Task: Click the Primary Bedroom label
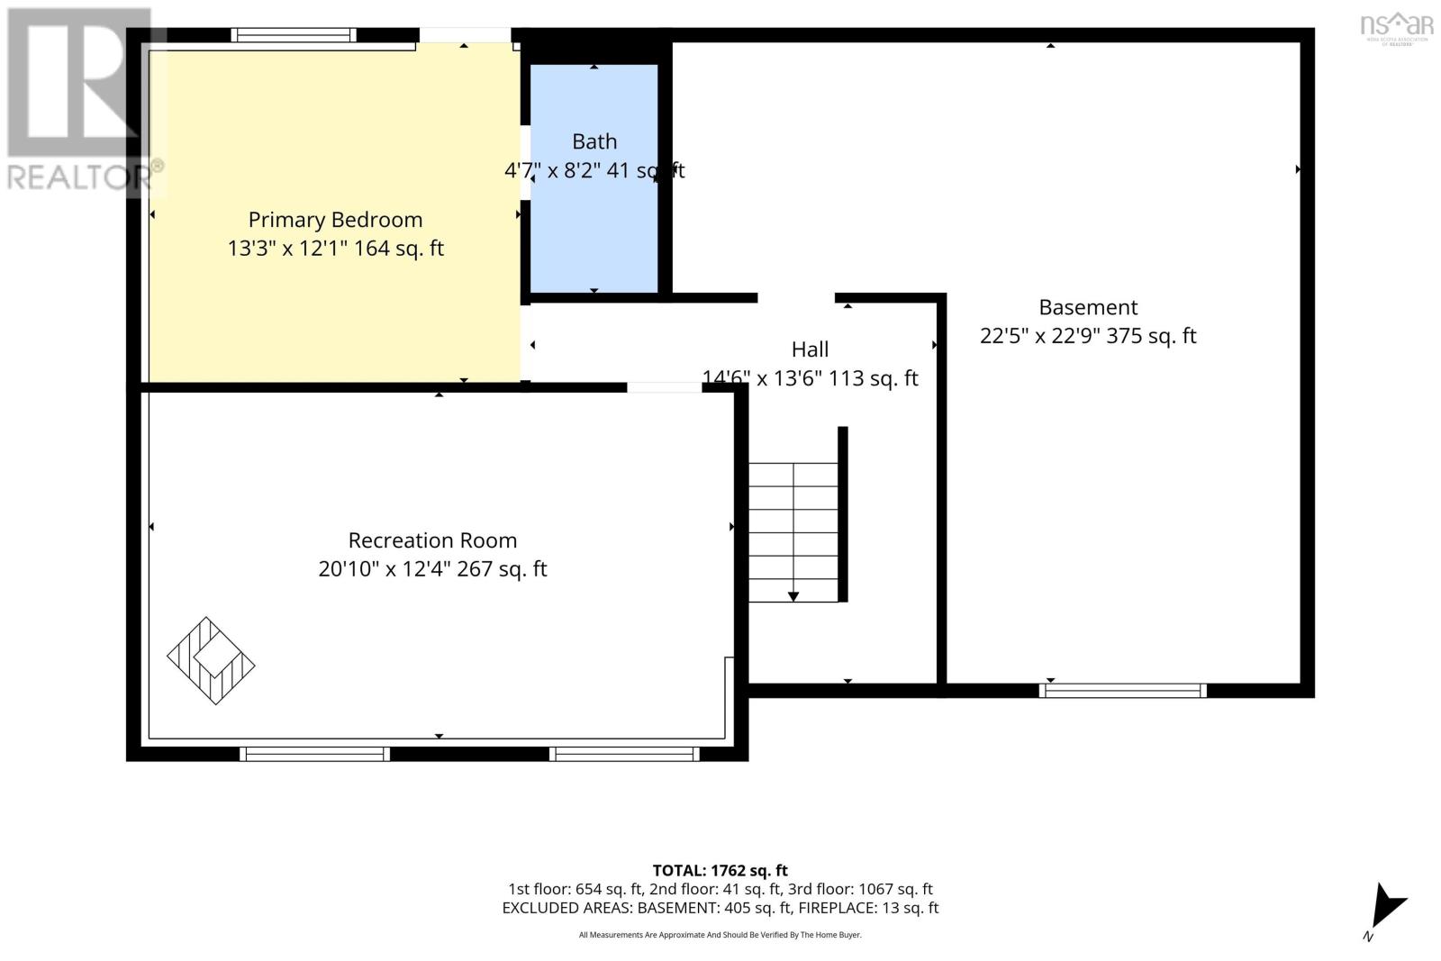point(335,220)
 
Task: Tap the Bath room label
point(594,141)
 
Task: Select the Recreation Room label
point(432,540)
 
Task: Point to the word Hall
point(810,349)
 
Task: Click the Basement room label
point(1089,307)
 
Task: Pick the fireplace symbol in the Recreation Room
point(211,660)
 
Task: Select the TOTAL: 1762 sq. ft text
point(720,870)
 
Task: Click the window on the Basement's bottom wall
point(1122,690)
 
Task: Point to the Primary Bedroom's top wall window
point(294,35)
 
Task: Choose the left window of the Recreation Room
point(314,754)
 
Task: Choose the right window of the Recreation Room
point(624,754)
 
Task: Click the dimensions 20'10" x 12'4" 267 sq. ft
point(432,569)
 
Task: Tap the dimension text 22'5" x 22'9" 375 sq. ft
point(1089,336)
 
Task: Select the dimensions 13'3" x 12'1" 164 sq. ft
point(335,249)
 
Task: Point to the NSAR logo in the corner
point(1397,28)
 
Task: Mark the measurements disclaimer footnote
point(720,935)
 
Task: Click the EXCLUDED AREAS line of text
point(720,908)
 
